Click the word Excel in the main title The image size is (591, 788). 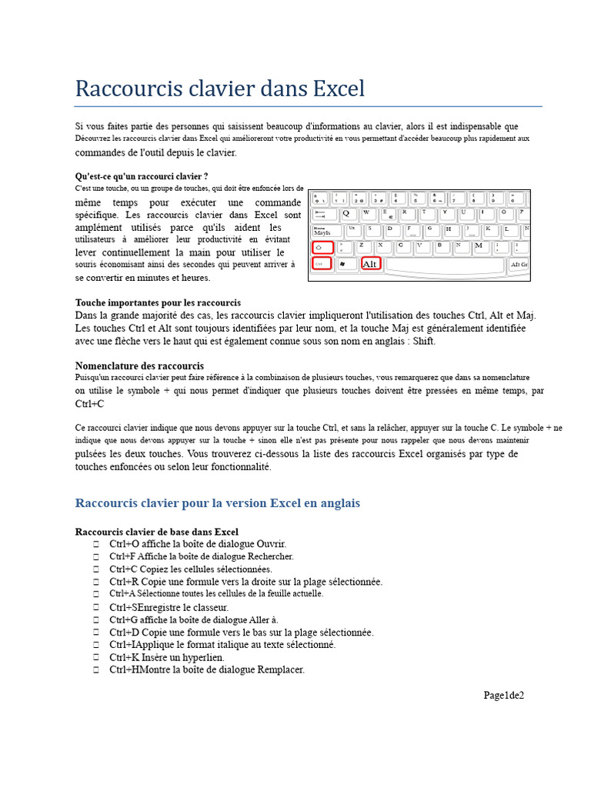339,89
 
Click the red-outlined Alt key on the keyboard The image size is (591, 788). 371,264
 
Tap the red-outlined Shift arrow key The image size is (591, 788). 323,248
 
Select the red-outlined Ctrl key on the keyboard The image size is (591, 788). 322,264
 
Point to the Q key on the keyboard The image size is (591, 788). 346,213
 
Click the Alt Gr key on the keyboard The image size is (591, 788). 519,265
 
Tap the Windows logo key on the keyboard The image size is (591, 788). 343,264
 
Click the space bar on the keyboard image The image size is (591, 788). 445,265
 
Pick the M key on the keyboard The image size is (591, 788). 479,246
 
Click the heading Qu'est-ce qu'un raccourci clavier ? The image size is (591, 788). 142,175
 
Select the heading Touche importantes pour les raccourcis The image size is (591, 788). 158,302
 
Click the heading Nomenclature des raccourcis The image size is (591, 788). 139,366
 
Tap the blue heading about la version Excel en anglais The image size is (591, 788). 217,503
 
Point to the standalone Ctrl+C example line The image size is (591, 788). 89,403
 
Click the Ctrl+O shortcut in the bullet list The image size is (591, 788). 124,544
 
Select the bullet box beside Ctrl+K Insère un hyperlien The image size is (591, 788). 96,658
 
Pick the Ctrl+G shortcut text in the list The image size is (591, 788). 124,619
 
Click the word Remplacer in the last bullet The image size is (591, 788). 281,669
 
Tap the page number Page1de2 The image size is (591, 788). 503,696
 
